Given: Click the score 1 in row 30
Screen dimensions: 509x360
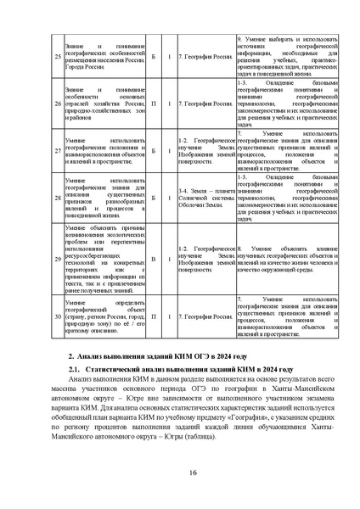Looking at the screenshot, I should [x=169, y=317].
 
